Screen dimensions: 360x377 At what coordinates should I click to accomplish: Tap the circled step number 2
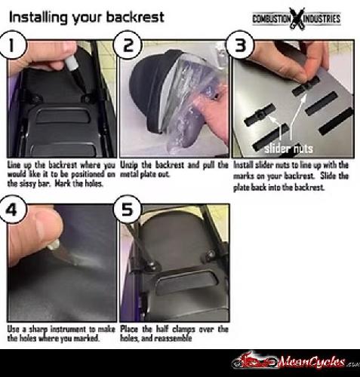click(128, 45)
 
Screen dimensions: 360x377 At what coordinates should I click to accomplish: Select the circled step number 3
click(240, 44)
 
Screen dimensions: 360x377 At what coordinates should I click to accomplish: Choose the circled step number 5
click(128, 209)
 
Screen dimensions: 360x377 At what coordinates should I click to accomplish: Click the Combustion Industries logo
click(297, 18)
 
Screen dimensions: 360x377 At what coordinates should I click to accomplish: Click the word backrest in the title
click(135, 17)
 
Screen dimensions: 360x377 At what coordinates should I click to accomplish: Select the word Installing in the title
click(38, 17)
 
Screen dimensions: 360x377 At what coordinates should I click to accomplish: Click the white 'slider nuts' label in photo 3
click(288, 149)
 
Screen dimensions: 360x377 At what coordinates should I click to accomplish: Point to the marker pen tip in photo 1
click(84, 92)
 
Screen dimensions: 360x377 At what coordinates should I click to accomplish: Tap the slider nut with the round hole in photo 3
click(259, 115)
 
